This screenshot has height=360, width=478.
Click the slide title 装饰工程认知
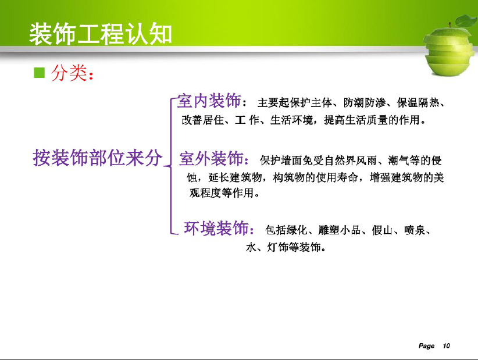[x=101, y=34]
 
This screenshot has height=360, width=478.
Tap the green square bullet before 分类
[x=40, y=73]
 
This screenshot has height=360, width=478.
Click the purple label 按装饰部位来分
[x=98, y=158]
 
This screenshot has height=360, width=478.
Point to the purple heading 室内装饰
[x=209, y=101]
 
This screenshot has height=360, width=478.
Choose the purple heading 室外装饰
[x=211, y=158]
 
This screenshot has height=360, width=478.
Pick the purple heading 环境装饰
[x=216, y=228]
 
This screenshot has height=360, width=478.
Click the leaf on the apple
[x=466, y=21]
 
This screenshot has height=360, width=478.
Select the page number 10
[x=446, y=345]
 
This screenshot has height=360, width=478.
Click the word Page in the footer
[x=426, y=345]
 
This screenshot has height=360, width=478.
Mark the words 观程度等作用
[x=222, y=193]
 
